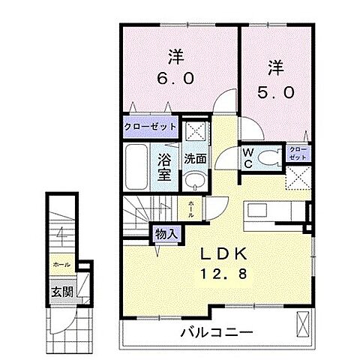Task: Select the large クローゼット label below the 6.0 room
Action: (x=150, y=127)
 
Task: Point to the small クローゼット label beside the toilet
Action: (x=297, y=156)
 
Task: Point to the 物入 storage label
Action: (x=166, y=234)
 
